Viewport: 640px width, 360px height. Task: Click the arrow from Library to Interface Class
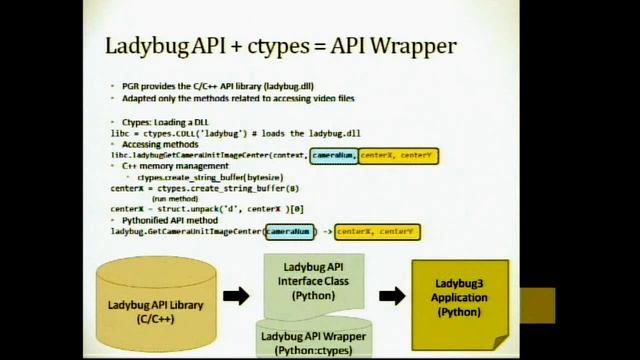pos(236,296)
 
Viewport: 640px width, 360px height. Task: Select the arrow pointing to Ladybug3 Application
pos(392,295)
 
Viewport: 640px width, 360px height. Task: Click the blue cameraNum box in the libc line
pos(333,156)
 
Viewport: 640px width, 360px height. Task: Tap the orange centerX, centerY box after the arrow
pos(377,232)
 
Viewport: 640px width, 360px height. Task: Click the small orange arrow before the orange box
pos(326,232)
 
